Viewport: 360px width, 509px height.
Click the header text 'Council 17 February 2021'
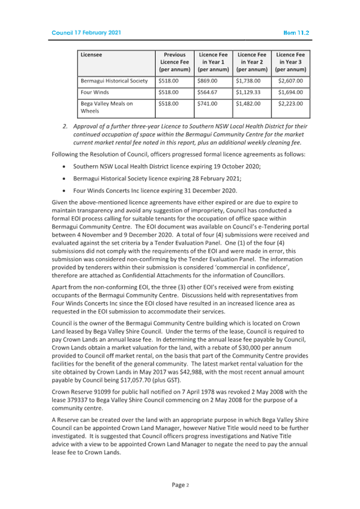coord(86,33)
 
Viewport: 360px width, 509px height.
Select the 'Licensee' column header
coord(91,54)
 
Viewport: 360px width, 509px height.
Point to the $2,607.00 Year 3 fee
coord(291,81)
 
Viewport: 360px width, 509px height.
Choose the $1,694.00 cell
coord(291,92)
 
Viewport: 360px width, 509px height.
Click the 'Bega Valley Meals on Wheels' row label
coord(107,108)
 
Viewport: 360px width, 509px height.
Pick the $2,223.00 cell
coord(291,104)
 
